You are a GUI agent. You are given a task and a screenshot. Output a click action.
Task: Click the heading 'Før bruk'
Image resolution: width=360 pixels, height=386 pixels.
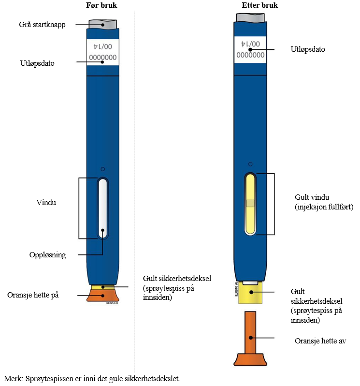coord(102,6)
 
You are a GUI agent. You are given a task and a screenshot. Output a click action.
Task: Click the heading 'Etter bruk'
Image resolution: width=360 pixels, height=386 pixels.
coord(249,6)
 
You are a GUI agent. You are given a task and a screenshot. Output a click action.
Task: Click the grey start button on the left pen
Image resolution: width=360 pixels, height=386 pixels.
coord(102,24)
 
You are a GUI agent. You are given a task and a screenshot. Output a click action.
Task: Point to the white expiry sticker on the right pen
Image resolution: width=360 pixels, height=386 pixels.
coord(250,50)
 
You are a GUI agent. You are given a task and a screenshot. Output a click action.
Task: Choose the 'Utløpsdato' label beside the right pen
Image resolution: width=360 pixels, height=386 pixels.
coord(308,49)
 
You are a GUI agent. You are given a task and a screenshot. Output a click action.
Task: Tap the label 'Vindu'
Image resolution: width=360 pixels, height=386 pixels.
coord(46,203)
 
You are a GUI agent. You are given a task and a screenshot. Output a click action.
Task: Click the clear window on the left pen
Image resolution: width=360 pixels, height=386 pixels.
coord(102,208)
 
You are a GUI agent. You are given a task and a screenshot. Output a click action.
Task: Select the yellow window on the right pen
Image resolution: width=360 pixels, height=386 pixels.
coord(250,204)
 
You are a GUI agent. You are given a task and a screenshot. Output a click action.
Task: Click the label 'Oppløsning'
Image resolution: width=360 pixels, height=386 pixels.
coord(48,254)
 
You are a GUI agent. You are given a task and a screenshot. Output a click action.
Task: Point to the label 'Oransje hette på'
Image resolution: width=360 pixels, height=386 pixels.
coord(33,295)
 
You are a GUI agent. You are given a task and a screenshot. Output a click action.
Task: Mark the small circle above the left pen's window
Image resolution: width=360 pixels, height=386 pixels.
coord(102,169)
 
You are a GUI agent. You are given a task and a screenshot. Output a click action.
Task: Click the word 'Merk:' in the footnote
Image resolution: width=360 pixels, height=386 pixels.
coord(13,378)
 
